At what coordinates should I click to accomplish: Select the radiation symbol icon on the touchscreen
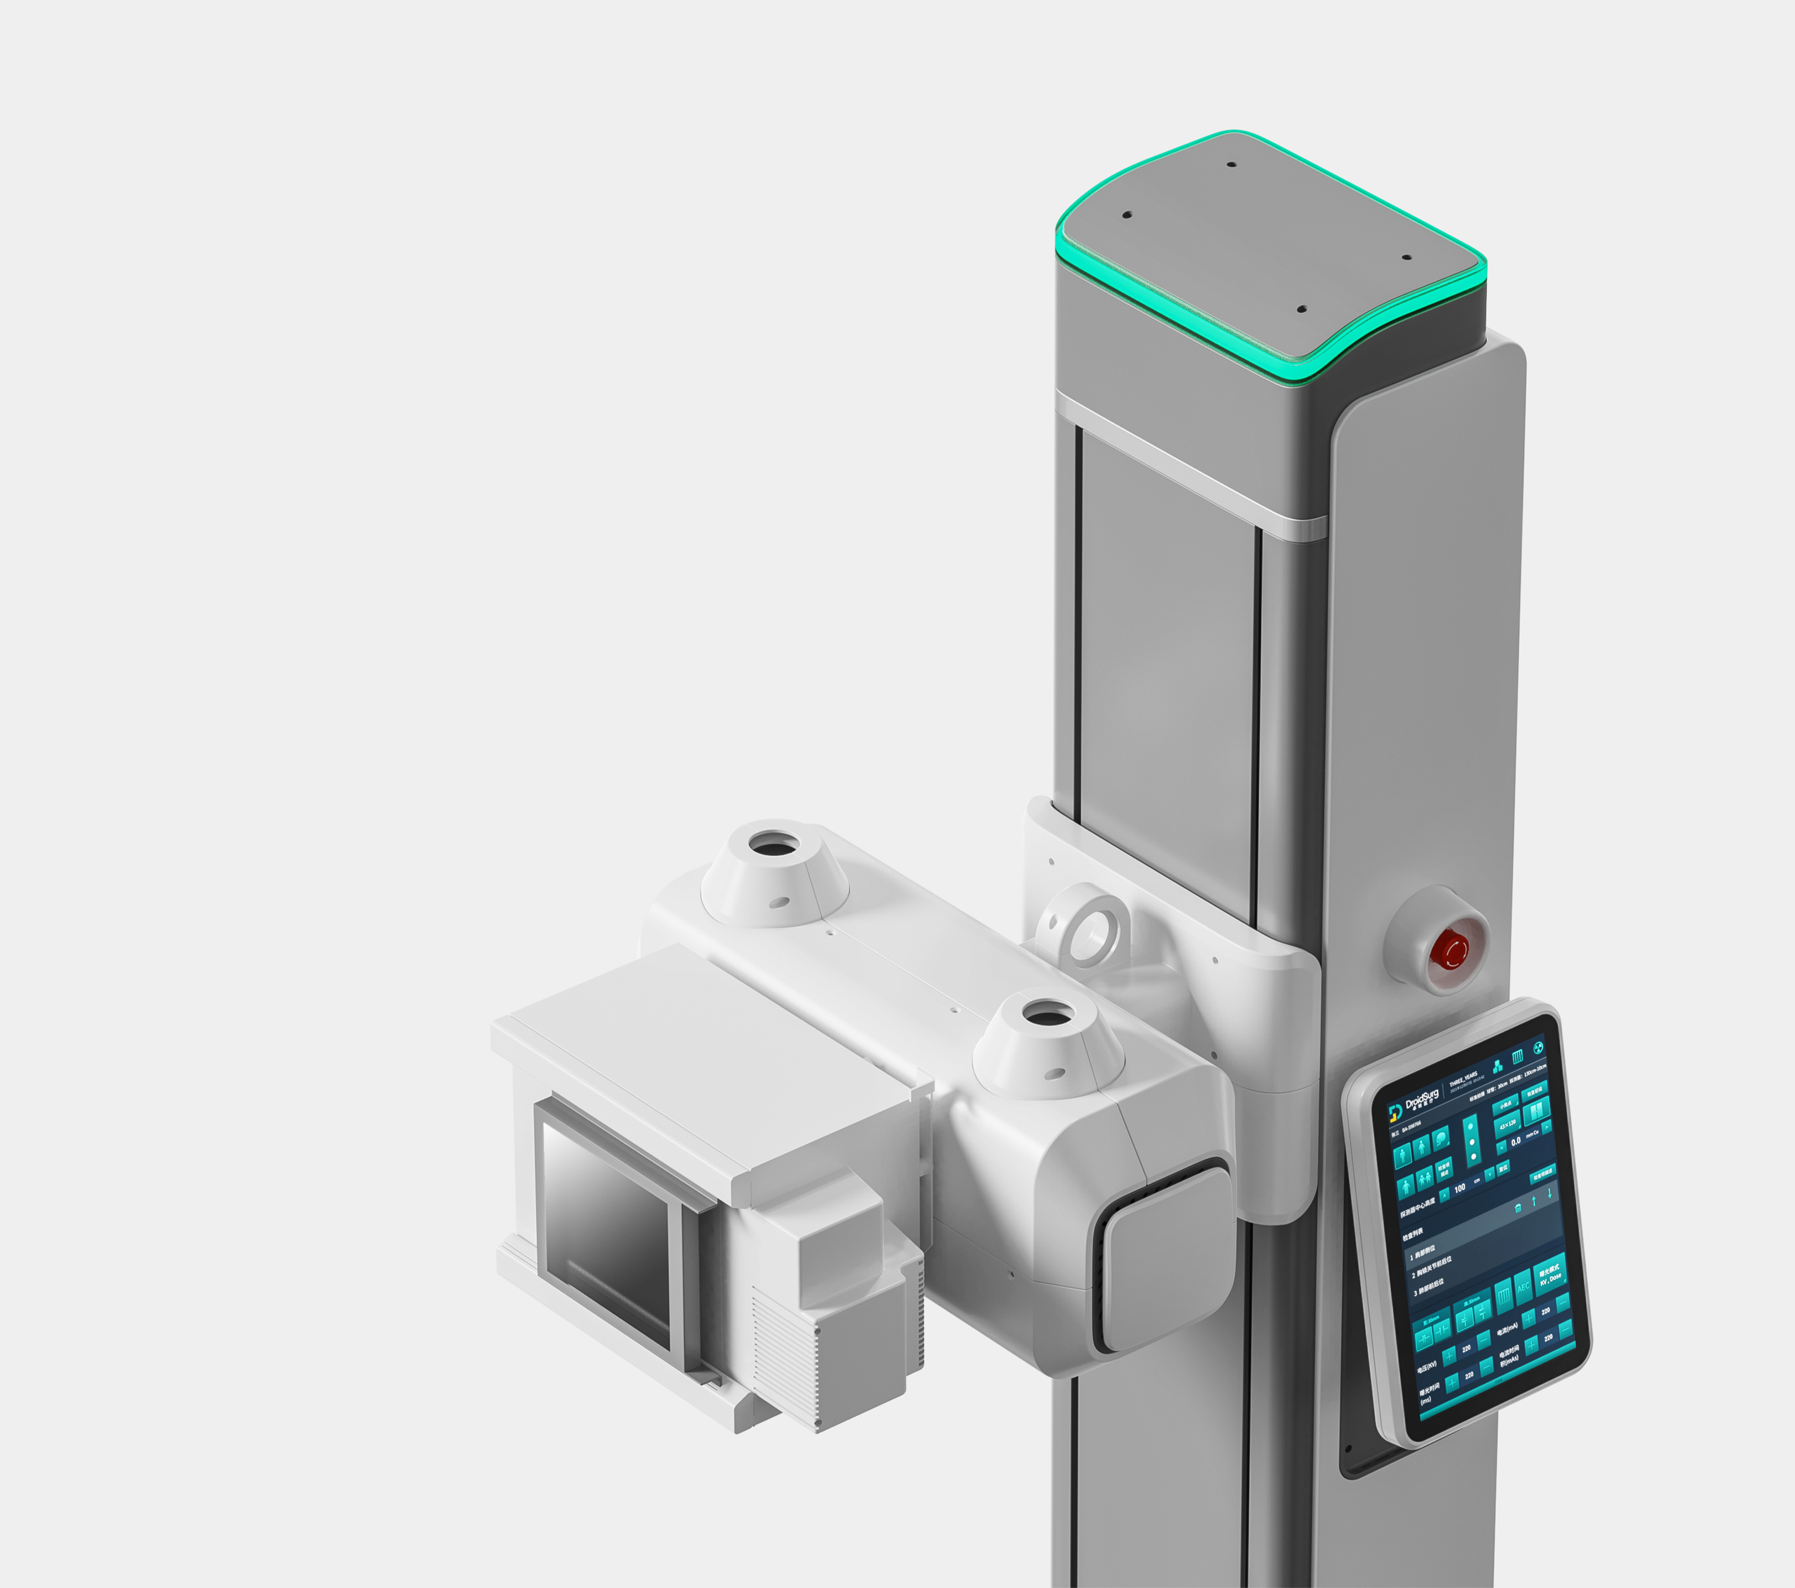pyautogui.click(x=1538, y=1048)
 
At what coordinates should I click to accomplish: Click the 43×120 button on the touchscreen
pyautogui.click(x=1508, y=1125)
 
